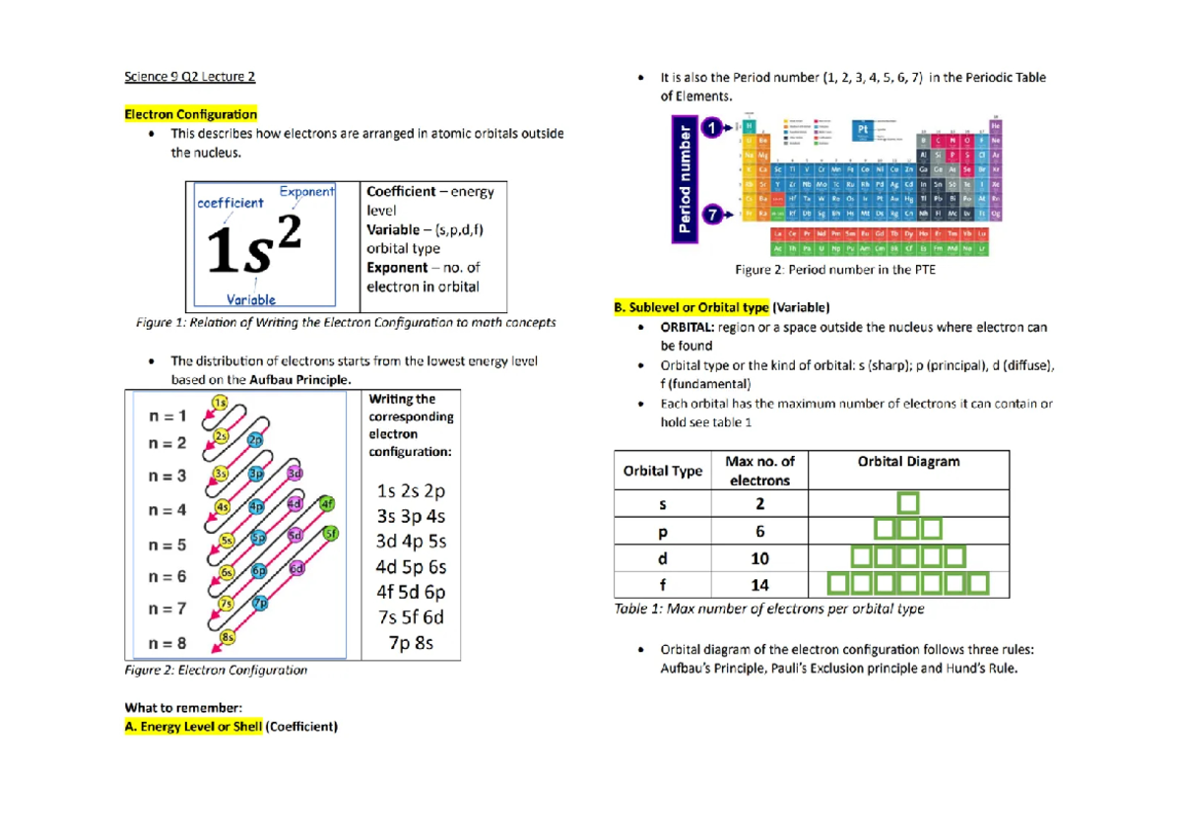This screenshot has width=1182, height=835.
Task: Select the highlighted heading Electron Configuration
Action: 190,114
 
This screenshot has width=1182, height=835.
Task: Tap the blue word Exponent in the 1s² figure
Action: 307,192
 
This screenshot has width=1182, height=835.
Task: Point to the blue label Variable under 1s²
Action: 250,299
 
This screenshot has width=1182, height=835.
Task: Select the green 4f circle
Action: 328,503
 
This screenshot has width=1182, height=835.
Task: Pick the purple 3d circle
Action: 295,474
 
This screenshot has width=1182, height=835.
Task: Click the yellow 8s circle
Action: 227,637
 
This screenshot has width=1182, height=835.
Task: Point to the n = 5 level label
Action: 166,545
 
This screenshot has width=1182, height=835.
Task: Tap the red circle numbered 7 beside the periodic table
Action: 712,212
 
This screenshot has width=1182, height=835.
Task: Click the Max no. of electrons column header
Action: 759,470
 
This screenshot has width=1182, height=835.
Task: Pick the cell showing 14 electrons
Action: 759,585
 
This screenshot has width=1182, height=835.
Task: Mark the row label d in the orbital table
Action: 662,558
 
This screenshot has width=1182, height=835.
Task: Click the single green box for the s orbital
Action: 907,504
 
